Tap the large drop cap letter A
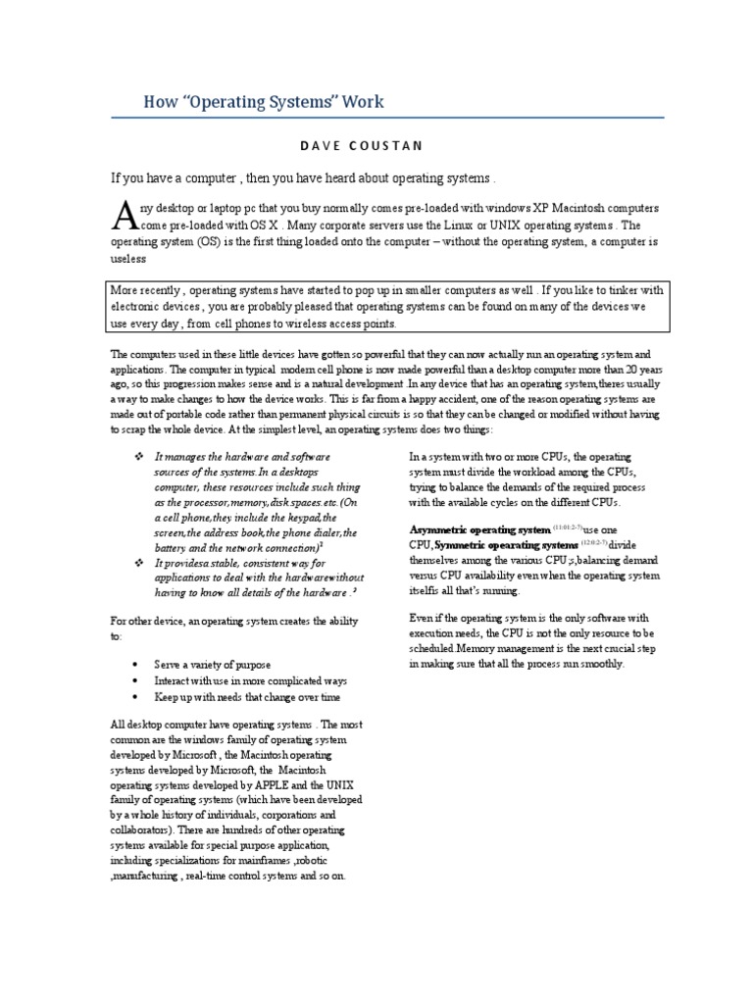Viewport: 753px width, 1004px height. click(123, 214)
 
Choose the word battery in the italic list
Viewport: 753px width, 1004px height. click(176, 546)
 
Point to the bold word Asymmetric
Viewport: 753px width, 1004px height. click(440, 529)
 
